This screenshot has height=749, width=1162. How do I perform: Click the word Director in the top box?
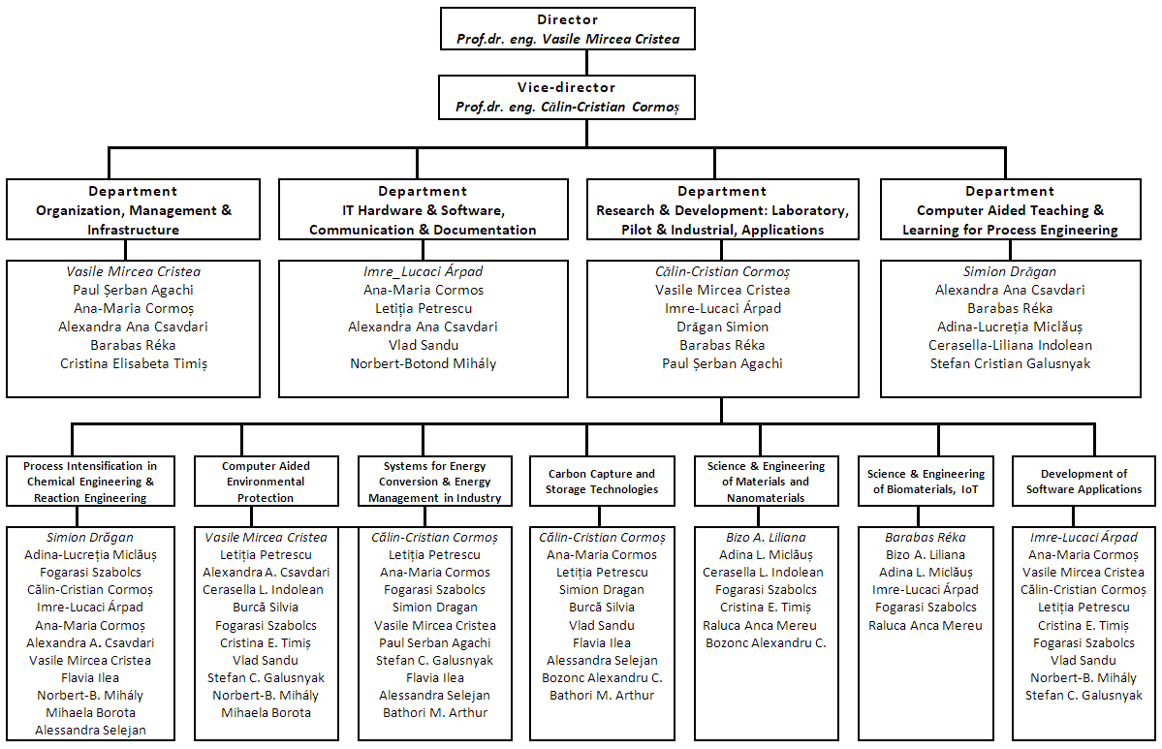[x=568, y=20]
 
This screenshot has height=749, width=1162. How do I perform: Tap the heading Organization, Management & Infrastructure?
[x=134, y=220]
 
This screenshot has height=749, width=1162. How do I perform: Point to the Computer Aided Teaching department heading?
[x=1010, y=220]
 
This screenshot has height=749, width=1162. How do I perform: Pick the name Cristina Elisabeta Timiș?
[x=134, y=363]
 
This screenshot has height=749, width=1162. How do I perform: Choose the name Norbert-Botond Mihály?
[x=424, y=363]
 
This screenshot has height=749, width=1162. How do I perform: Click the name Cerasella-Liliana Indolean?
[x=1010, y=345]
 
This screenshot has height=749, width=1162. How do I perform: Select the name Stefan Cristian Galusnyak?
[x=1010, y=363]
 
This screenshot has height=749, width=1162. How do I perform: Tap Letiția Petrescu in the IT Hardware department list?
[x=424, y=308]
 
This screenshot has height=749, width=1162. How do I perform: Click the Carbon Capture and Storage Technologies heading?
[x=602, y=482]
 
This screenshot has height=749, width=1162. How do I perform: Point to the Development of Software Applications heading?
[x=1083, y=482]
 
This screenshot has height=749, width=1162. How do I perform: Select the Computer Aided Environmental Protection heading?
[x=267, y=482]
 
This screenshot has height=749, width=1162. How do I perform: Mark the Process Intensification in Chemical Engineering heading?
[x=90, y=482]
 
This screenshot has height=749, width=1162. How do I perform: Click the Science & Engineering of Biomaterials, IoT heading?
[x=926, y=482]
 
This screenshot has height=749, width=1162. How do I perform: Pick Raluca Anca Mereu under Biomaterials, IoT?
[x=926, y=625]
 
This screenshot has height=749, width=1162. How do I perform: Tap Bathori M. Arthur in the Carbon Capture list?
[x=602, y=696]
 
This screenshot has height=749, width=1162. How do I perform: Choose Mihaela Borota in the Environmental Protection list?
[x=267, y=713]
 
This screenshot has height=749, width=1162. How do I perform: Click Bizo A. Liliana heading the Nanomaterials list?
[x=767, y=537]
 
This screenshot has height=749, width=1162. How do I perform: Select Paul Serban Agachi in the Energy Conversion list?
[x=435, y=643]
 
